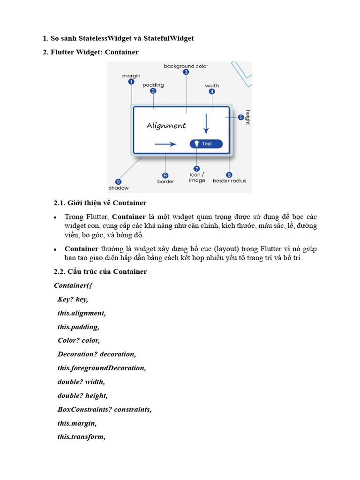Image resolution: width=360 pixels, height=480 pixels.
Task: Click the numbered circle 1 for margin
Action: tap(131, 82)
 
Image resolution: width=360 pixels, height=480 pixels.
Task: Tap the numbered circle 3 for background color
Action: tap(186, 72)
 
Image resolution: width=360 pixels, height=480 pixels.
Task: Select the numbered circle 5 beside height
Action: tap(241, 117)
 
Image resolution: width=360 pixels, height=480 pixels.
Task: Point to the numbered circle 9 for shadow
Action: tap(118, 182)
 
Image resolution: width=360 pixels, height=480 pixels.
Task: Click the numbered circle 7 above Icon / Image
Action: tap(197, 169)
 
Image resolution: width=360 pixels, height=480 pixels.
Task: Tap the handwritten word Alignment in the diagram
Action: tap(166, 126)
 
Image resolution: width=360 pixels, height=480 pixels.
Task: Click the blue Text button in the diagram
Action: tap(206, 144)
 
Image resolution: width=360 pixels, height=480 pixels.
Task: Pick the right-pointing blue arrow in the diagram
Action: tap(165, 144)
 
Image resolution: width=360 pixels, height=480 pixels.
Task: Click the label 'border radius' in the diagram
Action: tap(229, 181)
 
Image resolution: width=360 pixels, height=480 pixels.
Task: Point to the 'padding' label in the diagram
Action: tap(153, 85)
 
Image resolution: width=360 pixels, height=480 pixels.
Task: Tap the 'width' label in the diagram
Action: tap(212, 86)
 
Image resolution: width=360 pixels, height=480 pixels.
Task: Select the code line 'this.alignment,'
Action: tap(82, 313)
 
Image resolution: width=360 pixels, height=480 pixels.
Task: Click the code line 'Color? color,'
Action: tap(79, 340)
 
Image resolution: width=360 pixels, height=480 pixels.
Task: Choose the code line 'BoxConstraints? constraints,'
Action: tap(105, 409)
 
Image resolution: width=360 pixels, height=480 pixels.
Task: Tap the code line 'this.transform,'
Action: tap(81, 437)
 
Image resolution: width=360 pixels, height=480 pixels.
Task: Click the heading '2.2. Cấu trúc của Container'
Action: tap(100, 271)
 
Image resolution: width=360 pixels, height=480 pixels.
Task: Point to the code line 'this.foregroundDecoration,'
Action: tap(102, 368)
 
